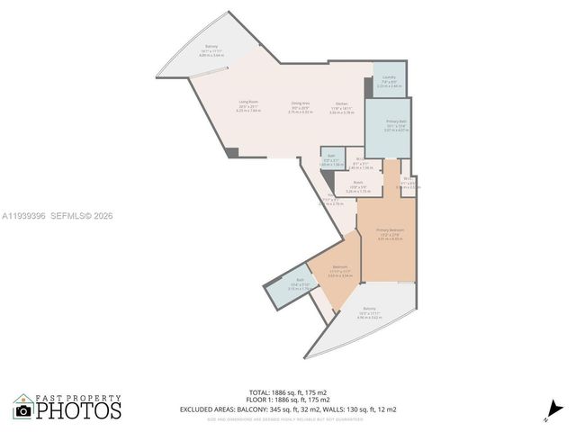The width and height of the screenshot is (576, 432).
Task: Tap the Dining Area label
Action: [300, 103]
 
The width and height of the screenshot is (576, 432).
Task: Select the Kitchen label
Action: [342, 103]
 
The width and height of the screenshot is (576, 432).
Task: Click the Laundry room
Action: [389, 81]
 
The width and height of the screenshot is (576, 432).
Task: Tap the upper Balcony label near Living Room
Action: [211, 47]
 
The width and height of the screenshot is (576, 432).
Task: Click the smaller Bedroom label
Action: [340, 267]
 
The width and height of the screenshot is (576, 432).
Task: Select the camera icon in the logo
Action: [23, 409]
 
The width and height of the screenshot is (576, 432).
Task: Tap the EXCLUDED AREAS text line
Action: [288, 409]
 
